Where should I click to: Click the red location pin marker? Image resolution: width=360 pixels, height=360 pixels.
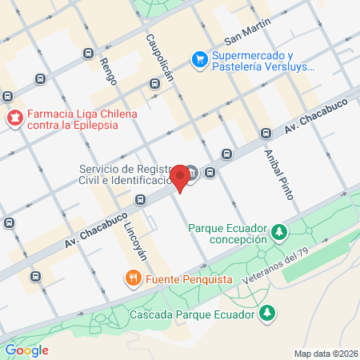pos(181,177)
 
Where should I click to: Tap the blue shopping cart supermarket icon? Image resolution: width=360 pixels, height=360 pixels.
pos(198,59)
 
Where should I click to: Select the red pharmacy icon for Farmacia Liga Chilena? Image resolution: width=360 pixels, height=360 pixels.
pos(14,119)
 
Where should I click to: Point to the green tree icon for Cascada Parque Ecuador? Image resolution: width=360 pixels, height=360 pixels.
pos(270,314)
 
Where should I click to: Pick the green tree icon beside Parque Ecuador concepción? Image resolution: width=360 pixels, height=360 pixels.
pos(279,232)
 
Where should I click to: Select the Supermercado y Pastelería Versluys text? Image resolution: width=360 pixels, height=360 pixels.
pos(263,63)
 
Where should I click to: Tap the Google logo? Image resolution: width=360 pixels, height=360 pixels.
pos(26,350)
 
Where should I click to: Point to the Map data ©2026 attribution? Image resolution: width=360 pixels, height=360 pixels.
pos(326,354)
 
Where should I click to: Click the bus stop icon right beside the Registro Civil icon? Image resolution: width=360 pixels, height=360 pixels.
pos(211,170)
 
